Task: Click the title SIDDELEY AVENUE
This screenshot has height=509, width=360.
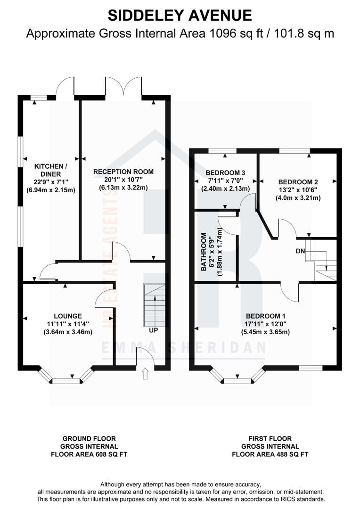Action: (x=180, y=15)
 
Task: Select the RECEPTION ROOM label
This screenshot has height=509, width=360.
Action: (x=123, y=172)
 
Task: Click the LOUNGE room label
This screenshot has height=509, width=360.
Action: (x=68, y=316)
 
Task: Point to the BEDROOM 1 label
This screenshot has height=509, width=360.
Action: (x=265, y=316)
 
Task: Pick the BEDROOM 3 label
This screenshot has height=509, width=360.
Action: (x=226, y=172)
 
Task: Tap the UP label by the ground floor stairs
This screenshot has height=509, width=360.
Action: (x=153, y=330)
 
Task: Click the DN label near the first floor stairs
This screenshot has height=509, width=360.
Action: (x=300, y=251)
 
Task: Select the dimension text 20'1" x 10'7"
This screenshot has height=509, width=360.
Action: (x=123, y=180)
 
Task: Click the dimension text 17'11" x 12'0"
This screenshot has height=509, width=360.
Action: (x=265, y=324)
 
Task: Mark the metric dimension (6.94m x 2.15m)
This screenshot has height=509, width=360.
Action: (x=51, y=190)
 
